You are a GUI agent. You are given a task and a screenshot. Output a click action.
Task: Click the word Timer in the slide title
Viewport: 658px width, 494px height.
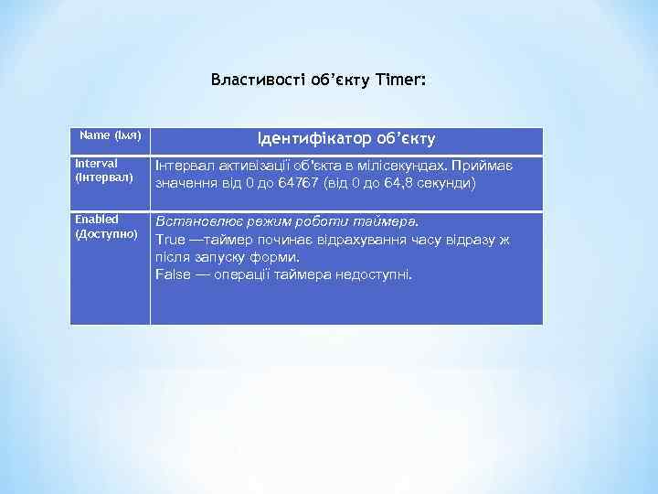click(x=399, y=81)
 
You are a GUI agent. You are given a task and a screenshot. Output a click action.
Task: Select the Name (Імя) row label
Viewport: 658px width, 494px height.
click(x=110, y=135)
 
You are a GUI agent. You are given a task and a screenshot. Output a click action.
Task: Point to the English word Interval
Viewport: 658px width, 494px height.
click(x=96, y=163)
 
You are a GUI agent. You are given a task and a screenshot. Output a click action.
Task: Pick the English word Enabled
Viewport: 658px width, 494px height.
click(x=96, y=220)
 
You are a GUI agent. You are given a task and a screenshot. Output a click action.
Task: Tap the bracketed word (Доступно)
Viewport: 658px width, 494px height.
click(x=106, y=233)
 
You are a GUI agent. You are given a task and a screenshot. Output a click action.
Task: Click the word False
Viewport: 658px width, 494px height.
click(x=173, y=274)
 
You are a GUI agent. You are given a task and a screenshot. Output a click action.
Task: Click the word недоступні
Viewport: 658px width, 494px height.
click(x=374, y=274)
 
